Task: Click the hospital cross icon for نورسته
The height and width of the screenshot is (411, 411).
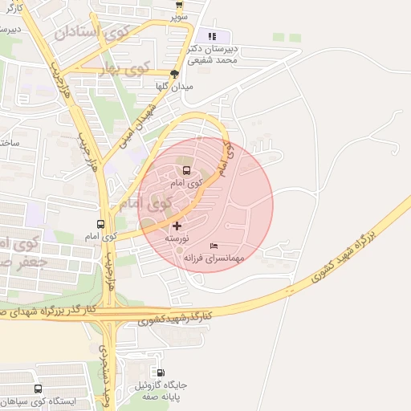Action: point(177,226)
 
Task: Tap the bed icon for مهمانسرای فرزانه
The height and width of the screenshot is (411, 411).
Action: point(213,246)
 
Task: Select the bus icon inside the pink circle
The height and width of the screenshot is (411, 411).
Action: point(186,170)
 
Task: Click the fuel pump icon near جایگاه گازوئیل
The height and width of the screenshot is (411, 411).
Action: point(161,373)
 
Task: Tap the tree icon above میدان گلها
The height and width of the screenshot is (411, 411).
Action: point(174,73)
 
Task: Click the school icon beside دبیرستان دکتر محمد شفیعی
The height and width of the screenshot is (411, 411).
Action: point(213,36)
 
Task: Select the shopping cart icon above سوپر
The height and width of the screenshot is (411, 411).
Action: point(177,4)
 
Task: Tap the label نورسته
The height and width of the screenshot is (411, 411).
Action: point(177,239)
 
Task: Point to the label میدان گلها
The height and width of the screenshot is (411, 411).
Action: point(175,86)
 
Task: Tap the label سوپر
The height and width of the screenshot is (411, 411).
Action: point(178,16)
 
